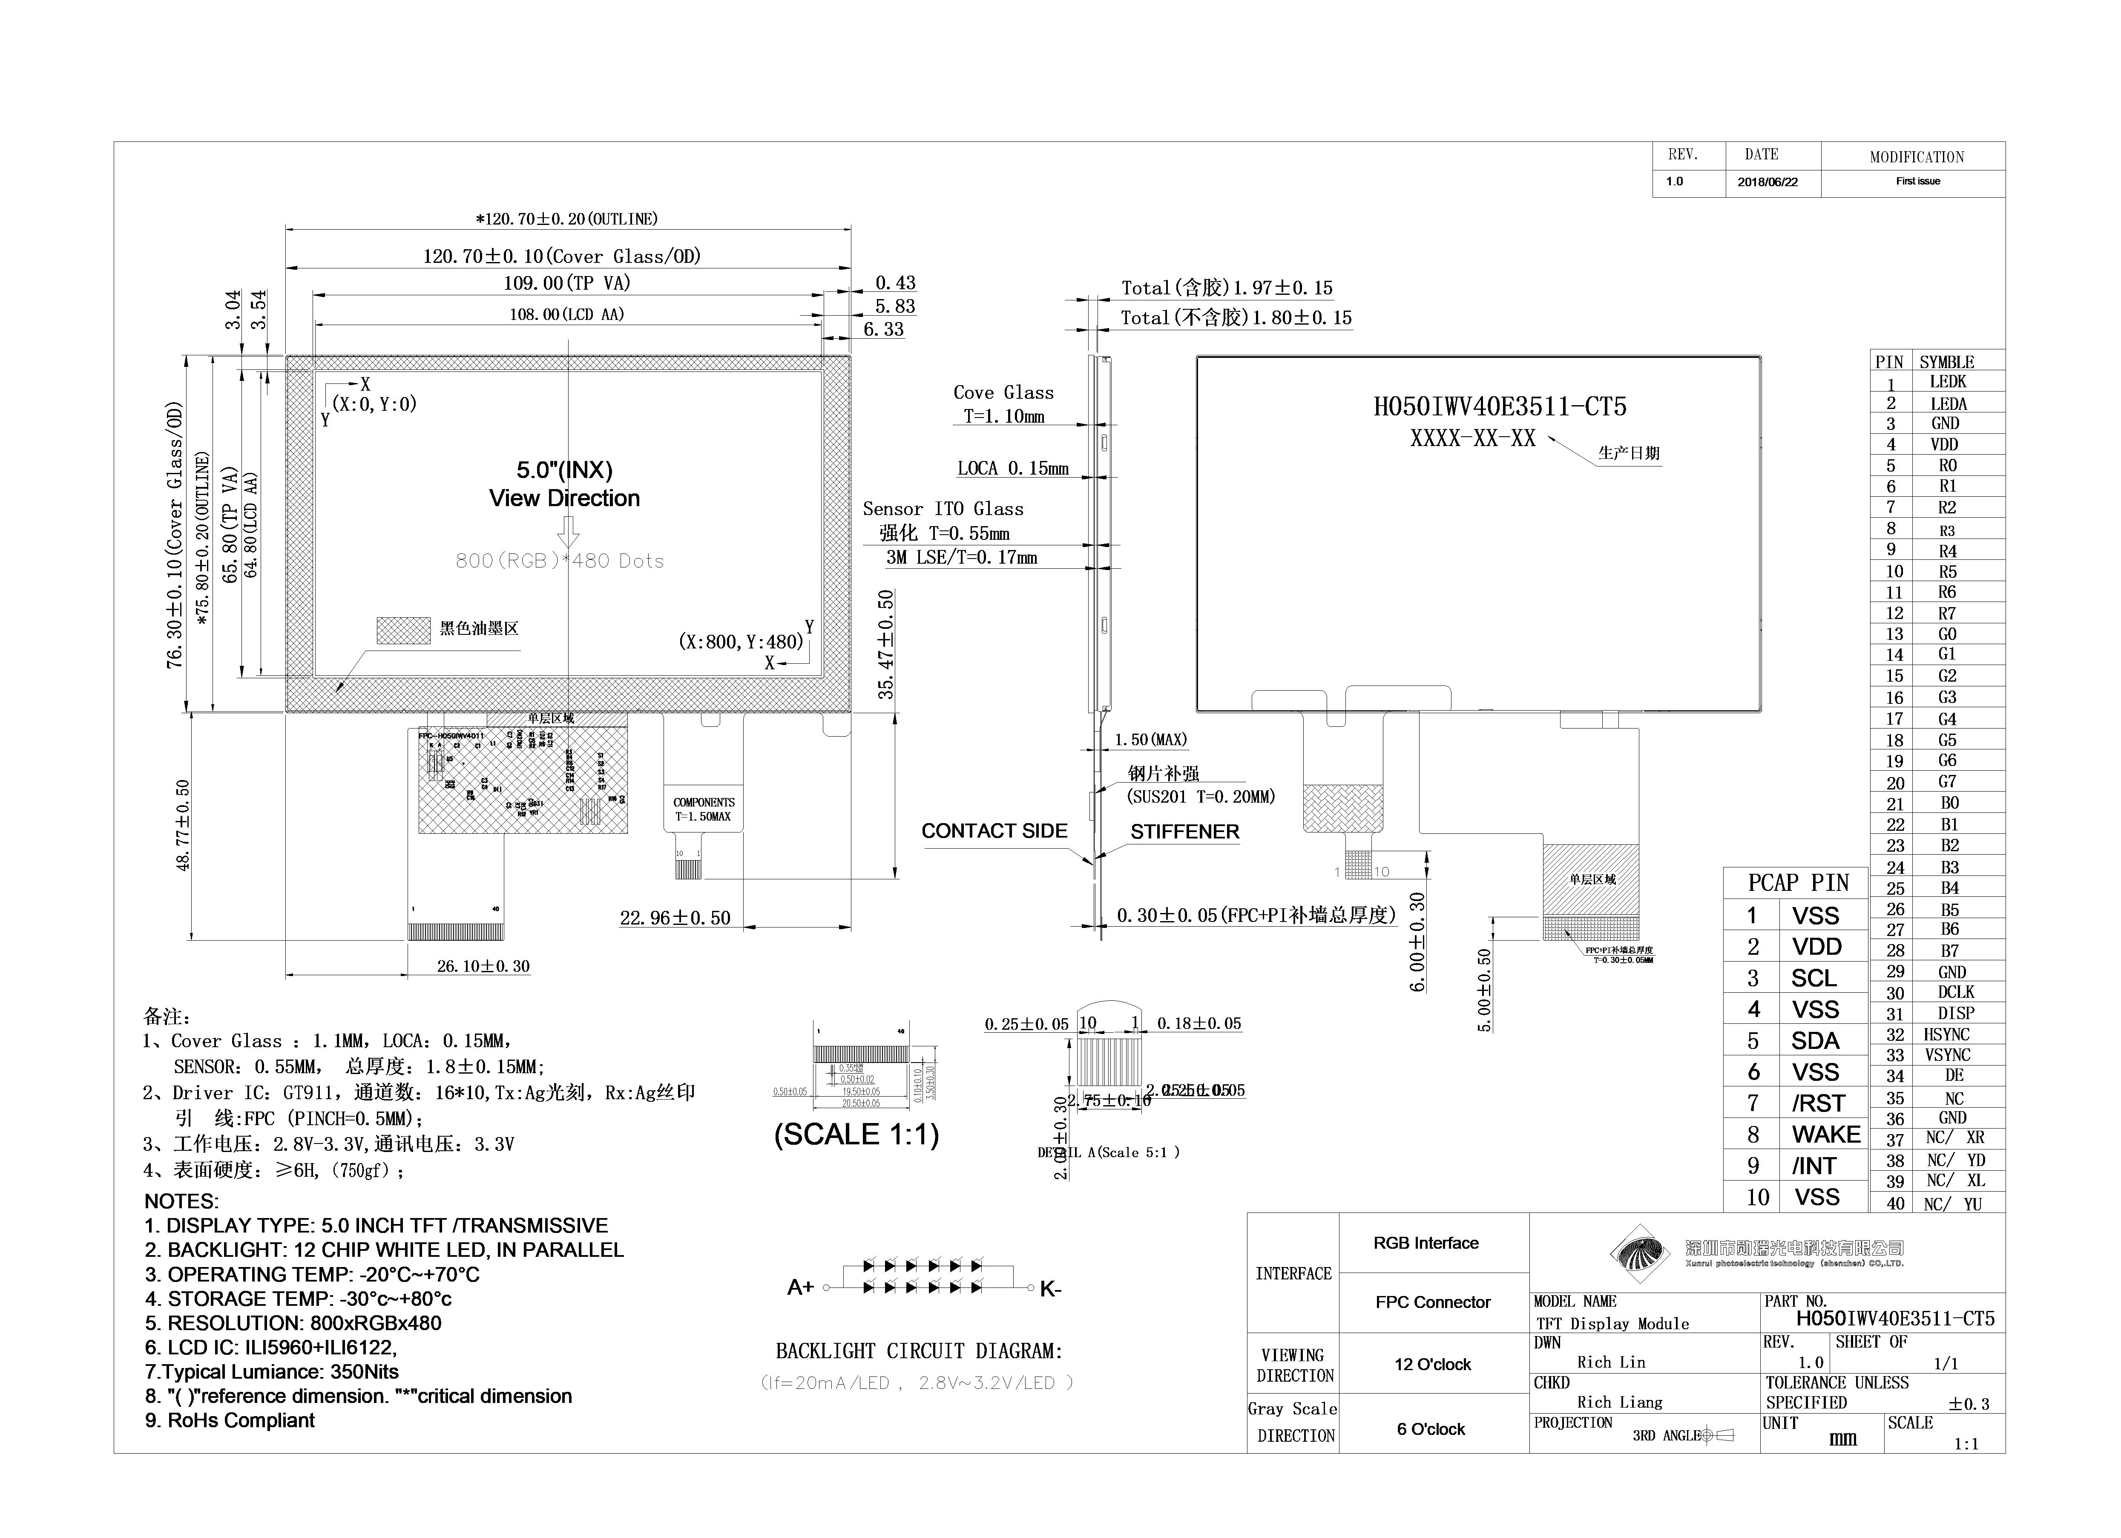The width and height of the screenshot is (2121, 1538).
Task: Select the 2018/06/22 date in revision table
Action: (1767, 182)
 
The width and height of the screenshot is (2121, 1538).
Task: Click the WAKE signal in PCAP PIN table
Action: (1825, 1135)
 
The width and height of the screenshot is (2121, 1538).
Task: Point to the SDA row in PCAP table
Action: (1814, 1041)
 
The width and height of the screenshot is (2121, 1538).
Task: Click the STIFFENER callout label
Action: (1184, 832)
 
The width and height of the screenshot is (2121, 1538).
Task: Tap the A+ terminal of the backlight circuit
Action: (801, 1288)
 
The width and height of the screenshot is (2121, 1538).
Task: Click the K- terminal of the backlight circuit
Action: (1050, 1290)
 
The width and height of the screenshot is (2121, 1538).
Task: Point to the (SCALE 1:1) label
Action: (856, 1135)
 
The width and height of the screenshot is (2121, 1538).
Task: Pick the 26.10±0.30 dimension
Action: (483, 966)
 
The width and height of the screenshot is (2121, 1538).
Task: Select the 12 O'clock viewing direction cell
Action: (1432, 1365)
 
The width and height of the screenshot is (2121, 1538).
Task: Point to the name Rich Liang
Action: (1620, 1403)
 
